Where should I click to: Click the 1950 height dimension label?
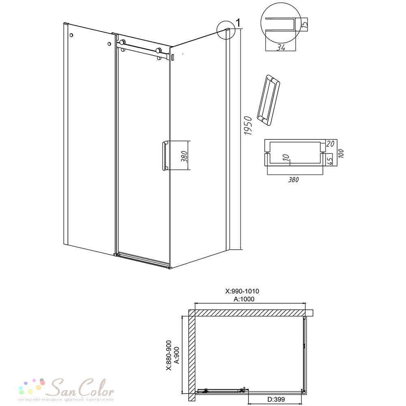click(248, 125)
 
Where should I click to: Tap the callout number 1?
click(238, 23)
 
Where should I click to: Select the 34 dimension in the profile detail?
click(281, 48)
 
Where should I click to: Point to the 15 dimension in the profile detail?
click(305, 24)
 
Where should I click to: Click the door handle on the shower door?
click(165, 155)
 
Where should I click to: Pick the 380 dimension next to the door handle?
click(184, 156)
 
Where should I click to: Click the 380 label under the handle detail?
click(294, 180)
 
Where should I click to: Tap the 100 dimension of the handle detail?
click(341, 153)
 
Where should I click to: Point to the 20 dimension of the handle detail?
click(330, 143)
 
